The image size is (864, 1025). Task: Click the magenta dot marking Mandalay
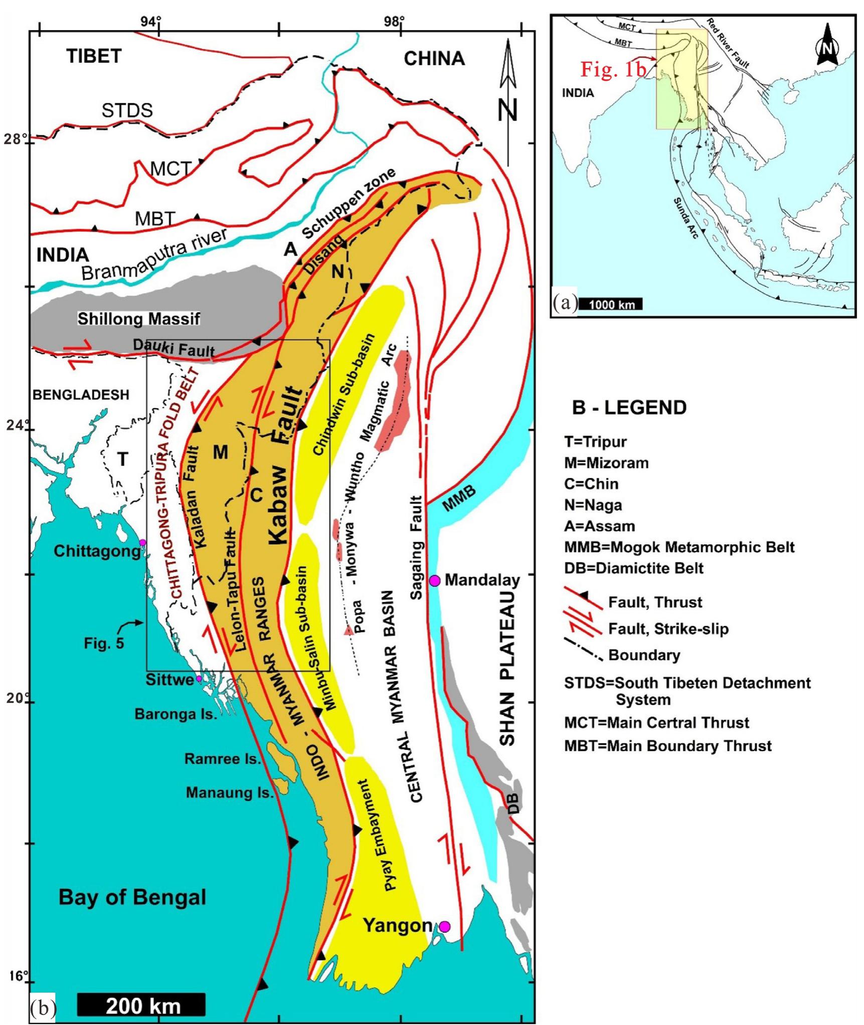tap(434, 580)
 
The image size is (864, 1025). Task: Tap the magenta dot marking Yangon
tap(444, 926)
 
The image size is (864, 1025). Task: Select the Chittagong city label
tap(97, 551)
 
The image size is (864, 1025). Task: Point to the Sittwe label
tap(169, 680)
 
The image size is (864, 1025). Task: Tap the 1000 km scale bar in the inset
tap(611, 304)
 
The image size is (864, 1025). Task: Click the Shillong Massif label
tap(138, 319)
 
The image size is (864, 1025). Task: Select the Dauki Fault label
tap(174, 348)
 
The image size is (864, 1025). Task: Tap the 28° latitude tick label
tap(15, 139)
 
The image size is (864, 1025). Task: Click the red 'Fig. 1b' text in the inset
tap(613, 69)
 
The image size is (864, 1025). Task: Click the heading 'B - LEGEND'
tap(629, 407)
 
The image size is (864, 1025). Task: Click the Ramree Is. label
tap(223, 758)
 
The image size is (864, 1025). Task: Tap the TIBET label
tap(94, 56)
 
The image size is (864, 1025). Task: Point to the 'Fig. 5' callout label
tap(103, 643)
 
